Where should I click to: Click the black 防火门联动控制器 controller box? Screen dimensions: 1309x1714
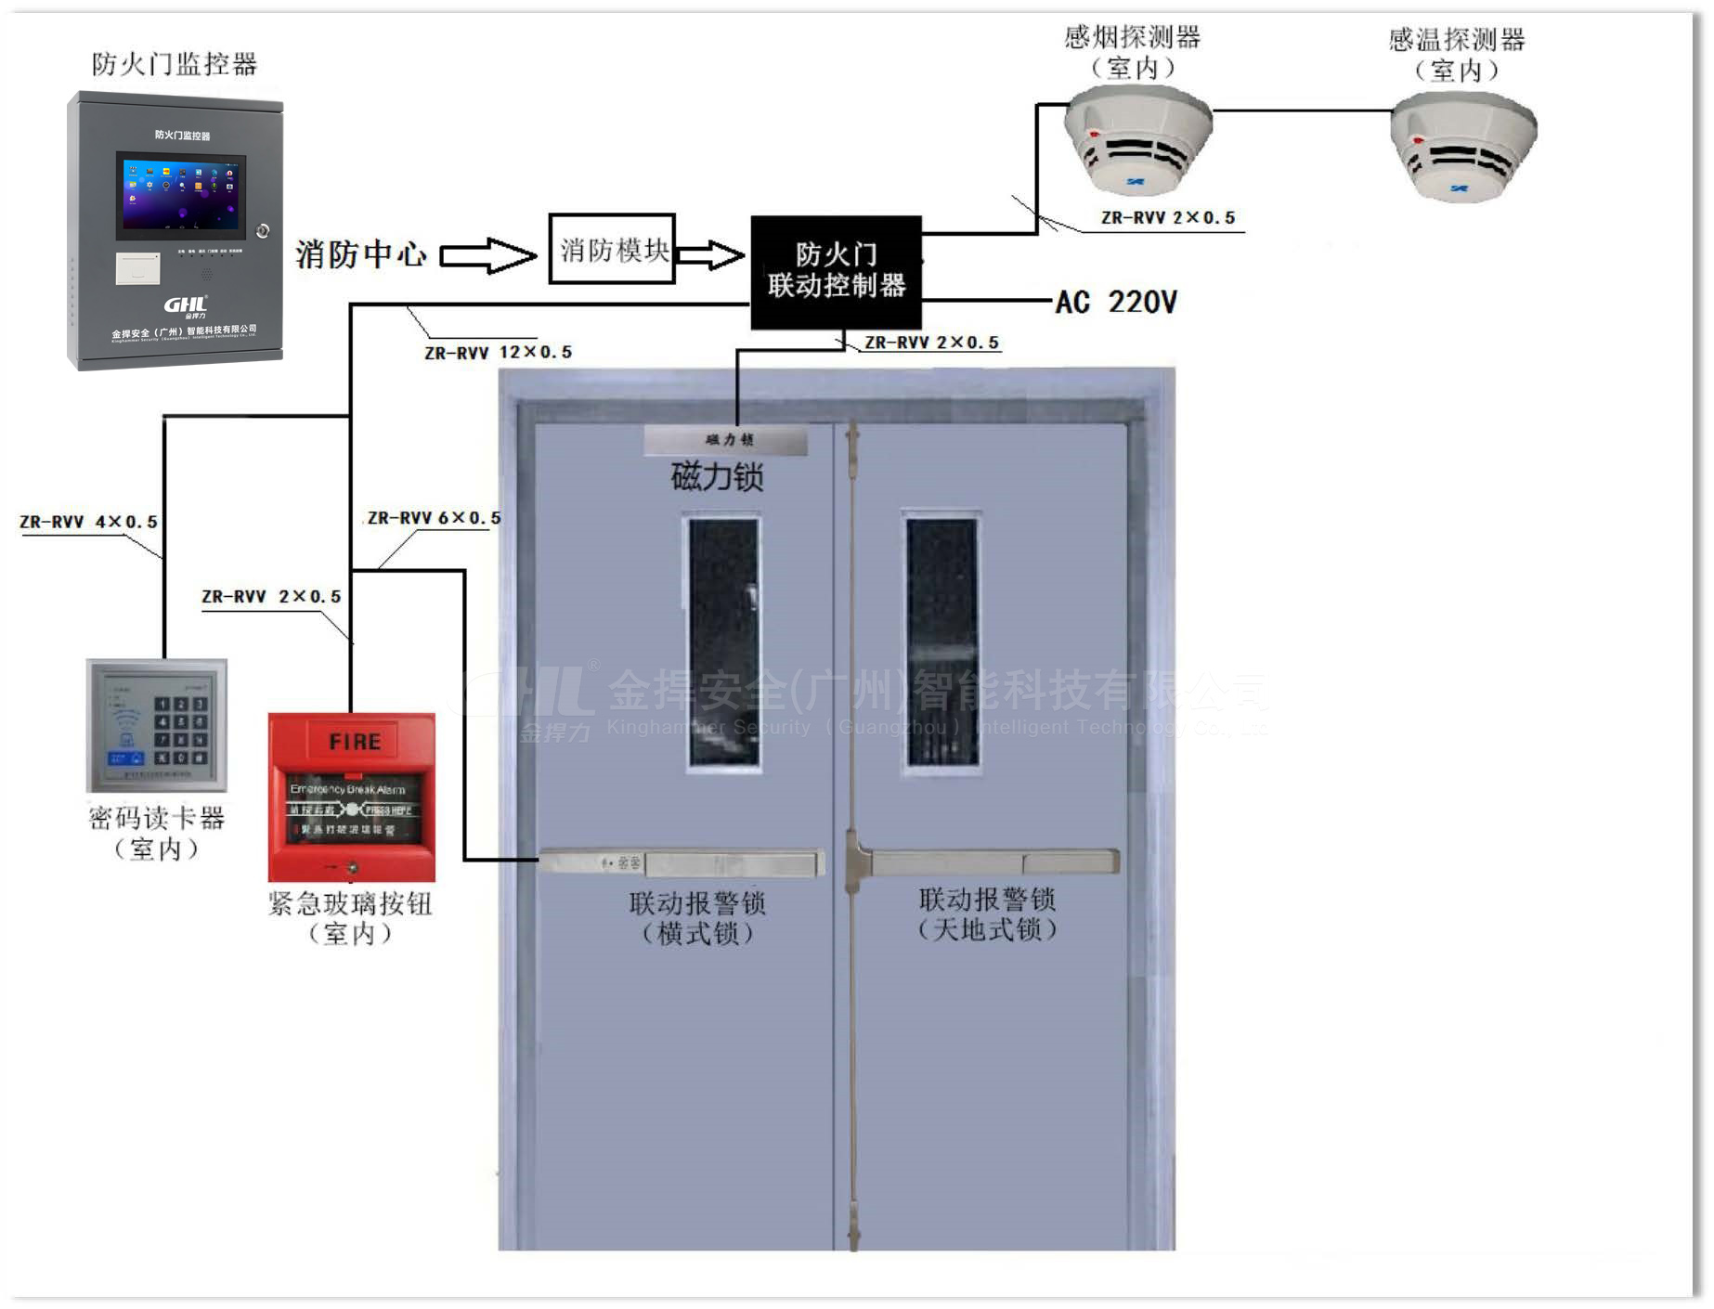pyautogui.click(x=836, y=272)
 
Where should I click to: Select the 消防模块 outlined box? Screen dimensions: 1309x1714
pyautogui.click(x=612, y=249)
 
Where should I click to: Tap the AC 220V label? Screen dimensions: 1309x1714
pyautogui.click(x=1116, y=302)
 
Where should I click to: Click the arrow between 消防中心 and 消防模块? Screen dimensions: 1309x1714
pyautogui.click(x=487, y=255)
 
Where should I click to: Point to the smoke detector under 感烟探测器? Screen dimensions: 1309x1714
pyautogui.click(x=1136, y=139)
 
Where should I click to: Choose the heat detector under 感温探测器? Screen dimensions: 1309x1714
pyautogui.click(x=1462, y=147)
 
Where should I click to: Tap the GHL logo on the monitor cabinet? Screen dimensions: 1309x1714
pyautogui.click(x=185, y=305)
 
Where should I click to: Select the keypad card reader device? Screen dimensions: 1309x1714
pyautogui.click(x=156, y=724)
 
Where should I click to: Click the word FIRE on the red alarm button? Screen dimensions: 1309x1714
pyautogui.click(x=354, y=742)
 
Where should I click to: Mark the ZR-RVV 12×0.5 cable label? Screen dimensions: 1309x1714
pyautogui.click(x=498, y=353)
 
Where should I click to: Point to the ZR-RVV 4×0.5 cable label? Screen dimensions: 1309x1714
pyautogui.click(x=88, y=523)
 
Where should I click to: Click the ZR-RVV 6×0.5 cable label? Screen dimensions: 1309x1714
pyautogui.click(x=434, y=518)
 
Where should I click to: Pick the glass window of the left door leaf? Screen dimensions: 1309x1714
pyautogui.click(x=723, y=644)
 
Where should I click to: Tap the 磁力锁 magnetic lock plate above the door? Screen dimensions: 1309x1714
pyautogui.click(x=725, y=440)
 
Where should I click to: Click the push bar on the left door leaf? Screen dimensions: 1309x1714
pyautogui.click(x=681, y=863)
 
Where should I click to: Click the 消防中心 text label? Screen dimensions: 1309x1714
pyautogui.click(x=361, y=254)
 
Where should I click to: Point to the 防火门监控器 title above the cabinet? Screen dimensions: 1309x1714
pyautogui.click(x=174, y=64)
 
